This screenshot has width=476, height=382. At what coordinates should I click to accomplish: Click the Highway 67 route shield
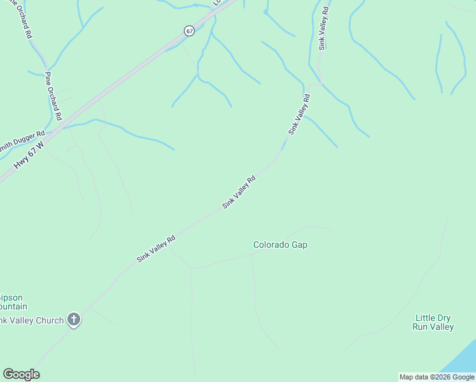coord(189,31)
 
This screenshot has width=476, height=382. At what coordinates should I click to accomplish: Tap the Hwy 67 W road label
coord(29,155)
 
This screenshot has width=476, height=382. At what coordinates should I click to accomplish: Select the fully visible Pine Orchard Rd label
coord(53,96)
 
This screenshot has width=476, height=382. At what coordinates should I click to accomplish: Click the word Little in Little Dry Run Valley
coord(424,318)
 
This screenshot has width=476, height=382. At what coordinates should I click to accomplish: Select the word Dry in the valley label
coord(444,318)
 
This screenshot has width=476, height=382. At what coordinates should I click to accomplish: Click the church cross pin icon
coord(74,320)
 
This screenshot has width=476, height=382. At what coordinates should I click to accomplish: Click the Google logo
coord(21,374)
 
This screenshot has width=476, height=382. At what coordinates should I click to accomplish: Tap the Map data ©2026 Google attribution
coord(437,377)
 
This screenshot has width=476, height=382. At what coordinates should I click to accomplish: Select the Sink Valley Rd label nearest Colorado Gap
coord(239,192)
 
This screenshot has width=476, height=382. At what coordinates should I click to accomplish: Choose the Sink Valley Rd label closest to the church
coord(156,249)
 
